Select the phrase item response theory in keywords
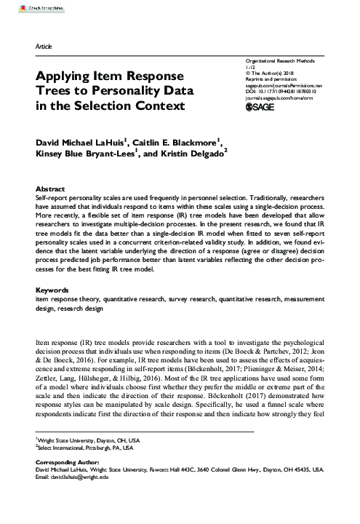tap(64, 299)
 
